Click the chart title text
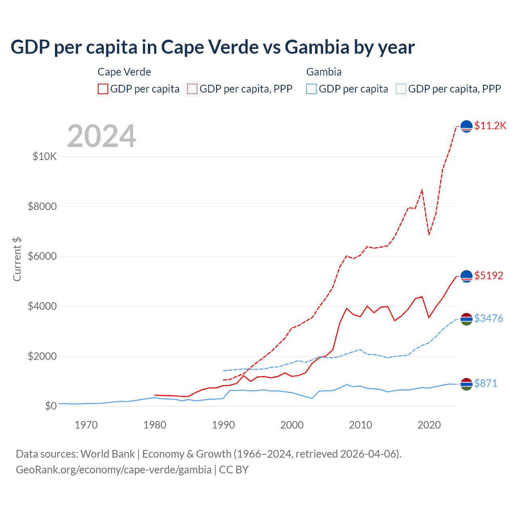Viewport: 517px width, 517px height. point(212,47)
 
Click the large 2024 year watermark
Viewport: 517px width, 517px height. point(101,136)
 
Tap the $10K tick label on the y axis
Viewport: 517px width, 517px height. point(44,156)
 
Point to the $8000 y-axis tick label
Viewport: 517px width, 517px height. point(42,206)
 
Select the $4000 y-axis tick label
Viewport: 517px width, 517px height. point(42,306)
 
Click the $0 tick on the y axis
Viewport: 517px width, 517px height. point(50,406)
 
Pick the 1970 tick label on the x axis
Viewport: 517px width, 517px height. point(86,425)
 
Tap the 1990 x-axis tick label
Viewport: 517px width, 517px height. point(223,425)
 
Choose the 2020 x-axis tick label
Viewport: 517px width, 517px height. point(429,425)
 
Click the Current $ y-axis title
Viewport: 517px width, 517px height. point(17,259)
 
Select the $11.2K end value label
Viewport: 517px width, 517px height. point(490,126)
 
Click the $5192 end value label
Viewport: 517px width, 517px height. point(488,275)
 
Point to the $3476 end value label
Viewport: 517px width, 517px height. point(488,318)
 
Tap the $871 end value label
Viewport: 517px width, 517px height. point(485,383)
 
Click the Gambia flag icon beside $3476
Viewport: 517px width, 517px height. point(467,319)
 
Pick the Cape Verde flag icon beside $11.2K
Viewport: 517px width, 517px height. point(467,126)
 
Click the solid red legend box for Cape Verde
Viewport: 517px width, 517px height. point(103,89)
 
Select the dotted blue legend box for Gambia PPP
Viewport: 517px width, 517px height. point(401,89)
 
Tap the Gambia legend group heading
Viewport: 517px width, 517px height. point(324,72)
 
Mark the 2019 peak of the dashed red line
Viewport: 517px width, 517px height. point(422,189)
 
